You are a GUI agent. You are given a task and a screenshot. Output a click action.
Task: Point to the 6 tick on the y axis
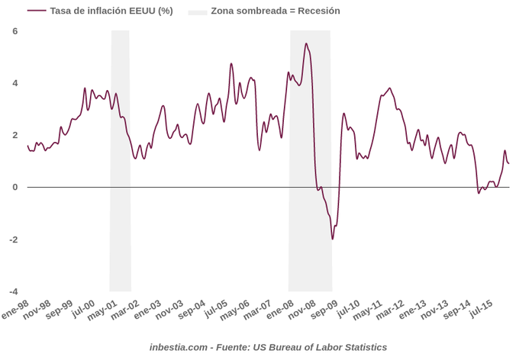pos(15,31)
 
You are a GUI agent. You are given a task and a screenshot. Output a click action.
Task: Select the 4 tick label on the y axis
pos(15,83)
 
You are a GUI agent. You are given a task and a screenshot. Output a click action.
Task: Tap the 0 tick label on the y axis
pos(15,187)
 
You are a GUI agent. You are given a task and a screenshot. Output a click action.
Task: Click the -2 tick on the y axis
pos(14,239)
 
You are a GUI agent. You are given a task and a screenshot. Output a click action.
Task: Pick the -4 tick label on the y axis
pos(14,291)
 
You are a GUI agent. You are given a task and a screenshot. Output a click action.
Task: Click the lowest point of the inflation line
pos(333,239)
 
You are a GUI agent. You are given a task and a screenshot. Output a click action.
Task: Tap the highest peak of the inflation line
pos(306,43)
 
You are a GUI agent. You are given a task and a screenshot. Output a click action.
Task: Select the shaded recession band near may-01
pos(121,160)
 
